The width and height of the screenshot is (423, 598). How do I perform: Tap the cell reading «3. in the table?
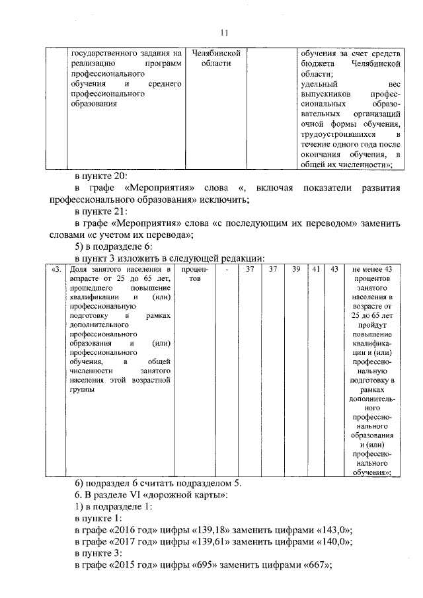pos(57,270)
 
